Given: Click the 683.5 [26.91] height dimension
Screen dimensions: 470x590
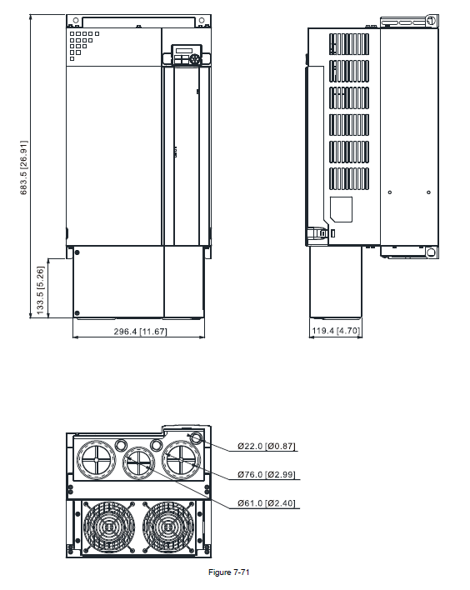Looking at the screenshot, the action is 23,167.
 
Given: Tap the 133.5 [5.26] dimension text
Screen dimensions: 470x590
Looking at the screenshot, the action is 40,290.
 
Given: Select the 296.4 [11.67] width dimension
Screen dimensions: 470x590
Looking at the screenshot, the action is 140,332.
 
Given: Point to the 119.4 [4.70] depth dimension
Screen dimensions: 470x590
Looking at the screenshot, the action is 336,331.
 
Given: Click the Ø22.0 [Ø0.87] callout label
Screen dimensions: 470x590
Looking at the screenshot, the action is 267,447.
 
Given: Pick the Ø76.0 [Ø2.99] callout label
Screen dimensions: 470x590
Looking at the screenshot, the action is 267,474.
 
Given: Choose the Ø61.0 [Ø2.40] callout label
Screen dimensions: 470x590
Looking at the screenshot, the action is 267,503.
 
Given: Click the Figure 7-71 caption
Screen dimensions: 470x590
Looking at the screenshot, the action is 229,572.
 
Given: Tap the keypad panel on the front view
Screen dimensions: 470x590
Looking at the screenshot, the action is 187,55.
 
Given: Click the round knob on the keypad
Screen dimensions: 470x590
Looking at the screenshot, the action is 195,59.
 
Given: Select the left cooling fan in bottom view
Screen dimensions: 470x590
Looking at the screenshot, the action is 109,527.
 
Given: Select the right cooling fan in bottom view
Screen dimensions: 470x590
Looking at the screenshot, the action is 168,527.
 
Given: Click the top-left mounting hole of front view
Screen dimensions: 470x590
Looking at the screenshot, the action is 76,20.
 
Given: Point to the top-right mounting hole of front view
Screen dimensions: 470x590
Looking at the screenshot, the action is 202,20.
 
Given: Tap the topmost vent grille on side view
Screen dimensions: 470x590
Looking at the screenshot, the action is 349,44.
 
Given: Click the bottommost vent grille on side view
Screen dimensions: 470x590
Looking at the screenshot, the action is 349,178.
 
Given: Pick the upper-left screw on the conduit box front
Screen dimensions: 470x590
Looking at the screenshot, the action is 77,252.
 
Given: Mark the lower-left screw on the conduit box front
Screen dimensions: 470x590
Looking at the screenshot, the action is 77,313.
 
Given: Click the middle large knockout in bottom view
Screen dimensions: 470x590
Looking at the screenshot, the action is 139,462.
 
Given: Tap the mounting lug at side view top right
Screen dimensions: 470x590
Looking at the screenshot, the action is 431,20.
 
